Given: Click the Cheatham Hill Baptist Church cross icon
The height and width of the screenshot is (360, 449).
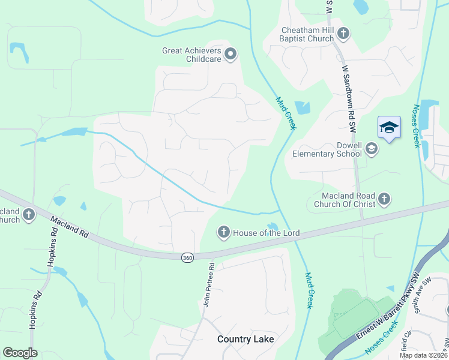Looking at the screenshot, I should (x=343, y=33).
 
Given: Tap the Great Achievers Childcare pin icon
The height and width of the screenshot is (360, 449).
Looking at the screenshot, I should (x=231, y=56).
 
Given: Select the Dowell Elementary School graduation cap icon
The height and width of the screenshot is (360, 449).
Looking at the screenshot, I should (x=372, y=148).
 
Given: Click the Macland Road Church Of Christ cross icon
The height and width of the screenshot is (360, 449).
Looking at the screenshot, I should (x=384, y=198).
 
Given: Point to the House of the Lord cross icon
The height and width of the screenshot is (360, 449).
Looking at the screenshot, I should (x=224, y=232).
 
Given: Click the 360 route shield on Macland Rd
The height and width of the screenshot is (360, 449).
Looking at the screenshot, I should (x=188, y=257).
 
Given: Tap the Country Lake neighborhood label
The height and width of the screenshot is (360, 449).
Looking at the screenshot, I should (x=246, y=339).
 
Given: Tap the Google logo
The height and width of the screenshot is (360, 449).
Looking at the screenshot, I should (x=20, y=353).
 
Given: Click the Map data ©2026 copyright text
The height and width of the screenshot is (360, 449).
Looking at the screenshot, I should (x=423, y=355).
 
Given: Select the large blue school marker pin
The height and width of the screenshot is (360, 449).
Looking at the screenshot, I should (x=389, y=128).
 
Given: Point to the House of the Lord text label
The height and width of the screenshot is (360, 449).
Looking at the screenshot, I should (x=266, y=233).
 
